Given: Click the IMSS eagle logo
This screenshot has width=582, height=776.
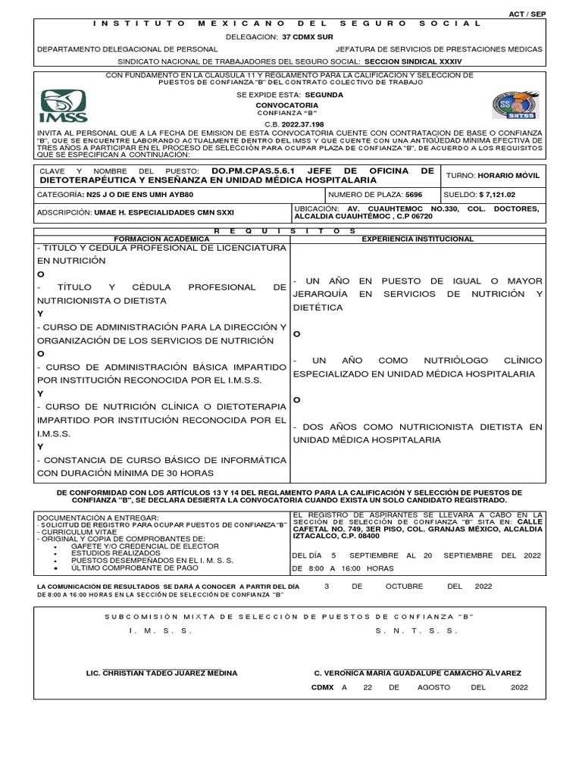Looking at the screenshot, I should pos(64,107).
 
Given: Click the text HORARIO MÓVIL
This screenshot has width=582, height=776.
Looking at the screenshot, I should pos(514,175).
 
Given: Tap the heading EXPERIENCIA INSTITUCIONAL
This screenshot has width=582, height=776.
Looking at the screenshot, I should pos(418,239).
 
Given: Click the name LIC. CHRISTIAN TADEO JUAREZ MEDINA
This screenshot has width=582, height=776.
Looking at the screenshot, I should pos(163,673).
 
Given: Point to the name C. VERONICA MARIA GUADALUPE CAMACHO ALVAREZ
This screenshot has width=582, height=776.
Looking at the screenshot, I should pos(418,673).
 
